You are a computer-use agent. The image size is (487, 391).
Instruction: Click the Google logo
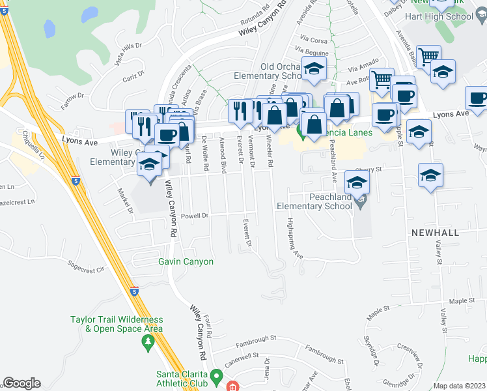coord(21,383)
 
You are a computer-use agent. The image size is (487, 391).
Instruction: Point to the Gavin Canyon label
coord(186,262)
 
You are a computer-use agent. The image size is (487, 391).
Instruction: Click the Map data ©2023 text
coord(459,386)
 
